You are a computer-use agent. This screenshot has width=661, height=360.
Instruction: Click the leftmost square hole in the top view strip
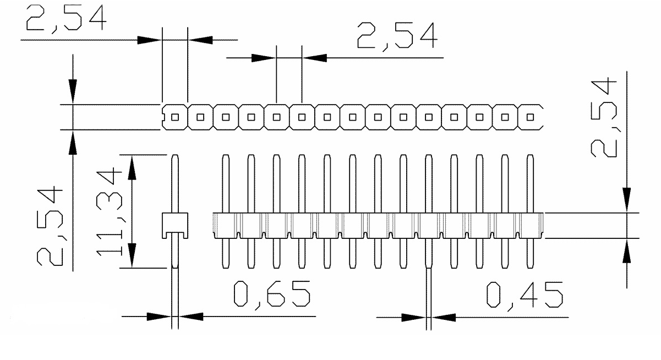click(175, 117)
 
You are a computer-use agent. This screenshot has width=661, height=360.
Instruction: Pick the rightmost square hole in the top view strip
click(530, 117)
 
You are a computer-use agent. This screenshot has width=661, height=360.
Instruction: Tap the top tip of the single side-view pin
click(174, 156)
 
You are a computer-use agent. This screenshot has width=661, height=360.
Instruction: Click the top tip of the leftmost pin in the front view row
click(225, 157)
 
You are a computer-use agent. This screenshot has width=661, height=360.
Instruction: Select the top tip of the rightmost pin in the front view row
click(530, 157)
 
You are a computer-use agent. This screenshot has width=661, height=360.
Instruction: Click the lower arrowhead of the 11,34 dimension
click(132, 256)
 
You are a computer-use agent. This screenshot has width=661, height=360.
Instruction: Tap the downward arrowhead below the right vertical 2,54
click(626, 200)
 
